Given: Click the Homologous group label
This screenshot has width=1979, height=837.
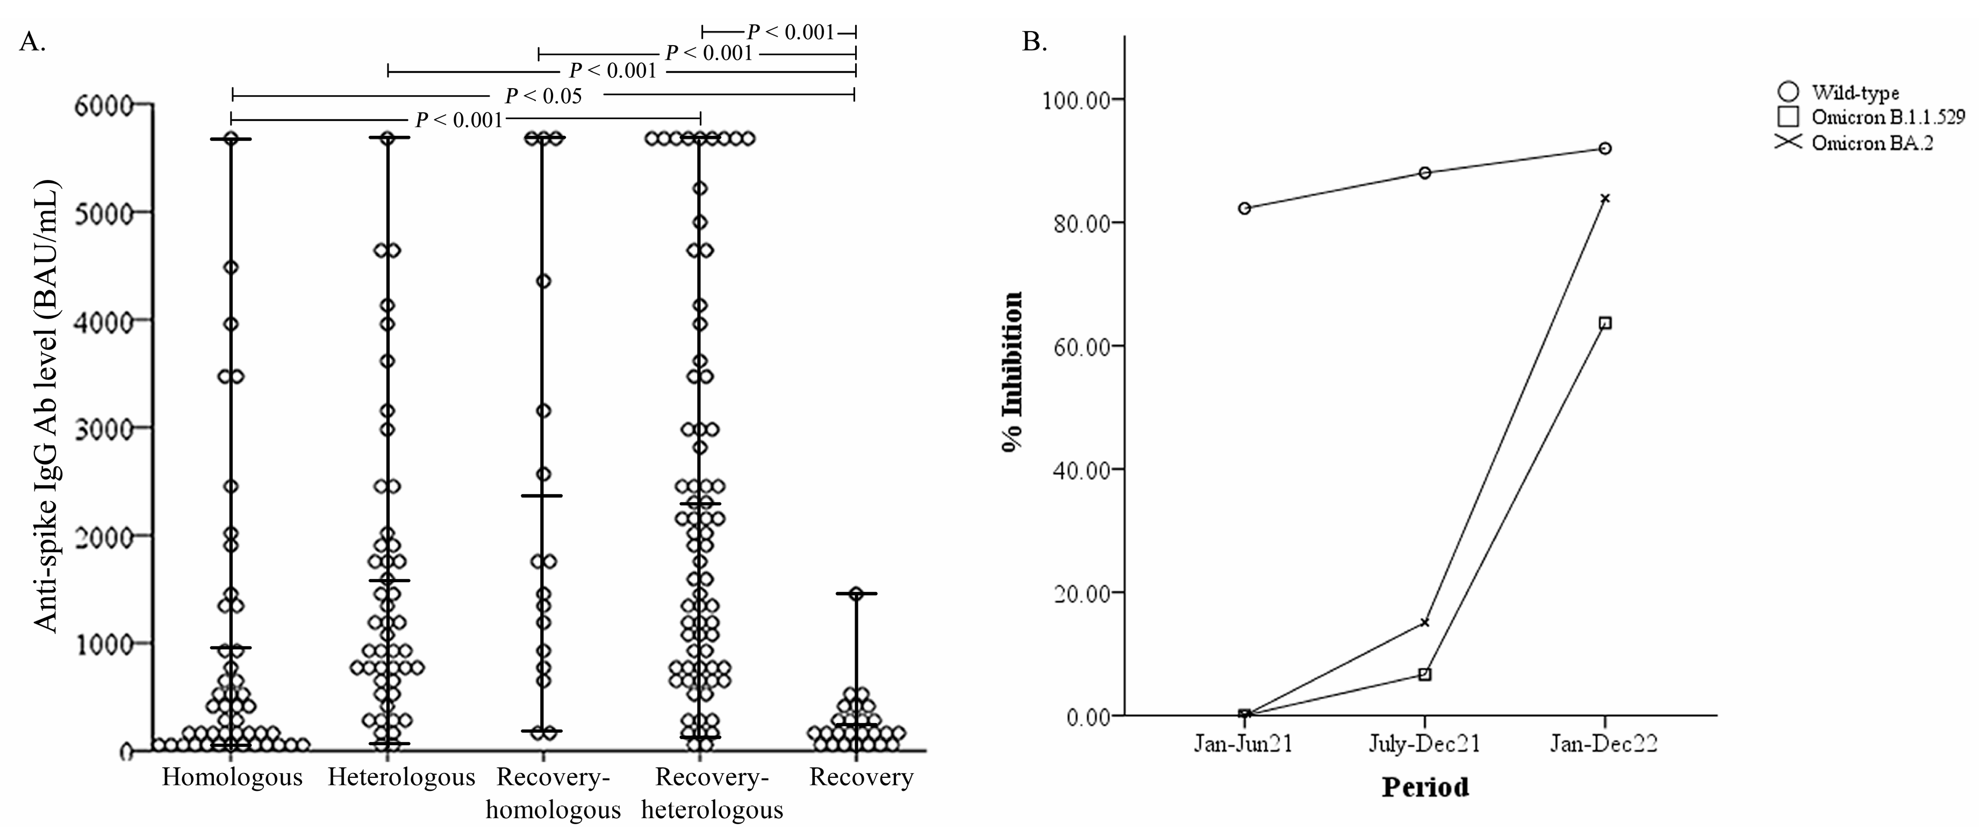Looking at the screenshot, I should (x=232, y=777).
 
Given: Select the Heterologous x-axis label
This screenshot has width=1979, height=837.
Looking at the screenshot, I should (x=401, y=777).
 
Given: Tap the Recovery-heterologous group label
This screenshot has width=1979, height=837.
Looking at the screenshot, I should (x=712, y=793).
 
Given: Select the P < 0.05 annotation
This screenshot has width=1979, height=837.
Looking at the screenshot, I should (x=543, y=96).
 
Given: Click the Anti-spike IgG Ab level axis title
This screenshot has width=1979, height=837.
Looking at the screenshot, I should (x=48, y=407).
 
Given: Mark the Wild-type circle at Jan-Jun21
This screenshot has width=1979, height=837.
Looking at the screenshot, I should (x=1245, y=208).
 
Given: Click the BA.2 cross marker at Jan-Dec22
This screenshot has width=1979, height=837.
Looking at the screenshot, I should (x=1605, y=199).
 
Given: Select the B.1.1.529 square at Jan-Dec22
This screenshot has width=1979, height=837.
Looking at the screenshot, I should (x=1605, y=323).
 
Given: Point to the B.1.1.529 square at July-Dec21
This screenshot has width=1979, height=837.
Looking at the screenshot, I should (x=1424, y=674).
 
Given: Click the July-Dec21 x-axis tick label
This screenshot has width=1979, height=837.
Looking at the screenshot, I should (x=1424, y=744).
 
